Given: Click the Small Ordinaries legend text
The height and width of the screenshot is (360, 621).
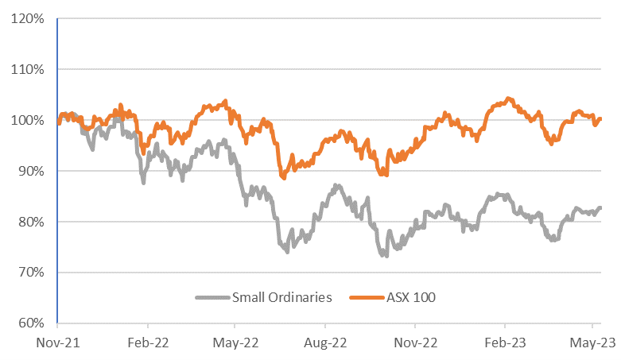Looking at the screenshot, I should point(281,298).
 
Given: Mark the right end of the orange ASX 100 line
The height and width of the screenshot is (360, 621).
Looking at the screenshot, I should point(600,119).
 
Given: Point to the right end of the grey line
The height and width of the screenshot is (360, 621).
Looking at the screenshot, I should point(600,208).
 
